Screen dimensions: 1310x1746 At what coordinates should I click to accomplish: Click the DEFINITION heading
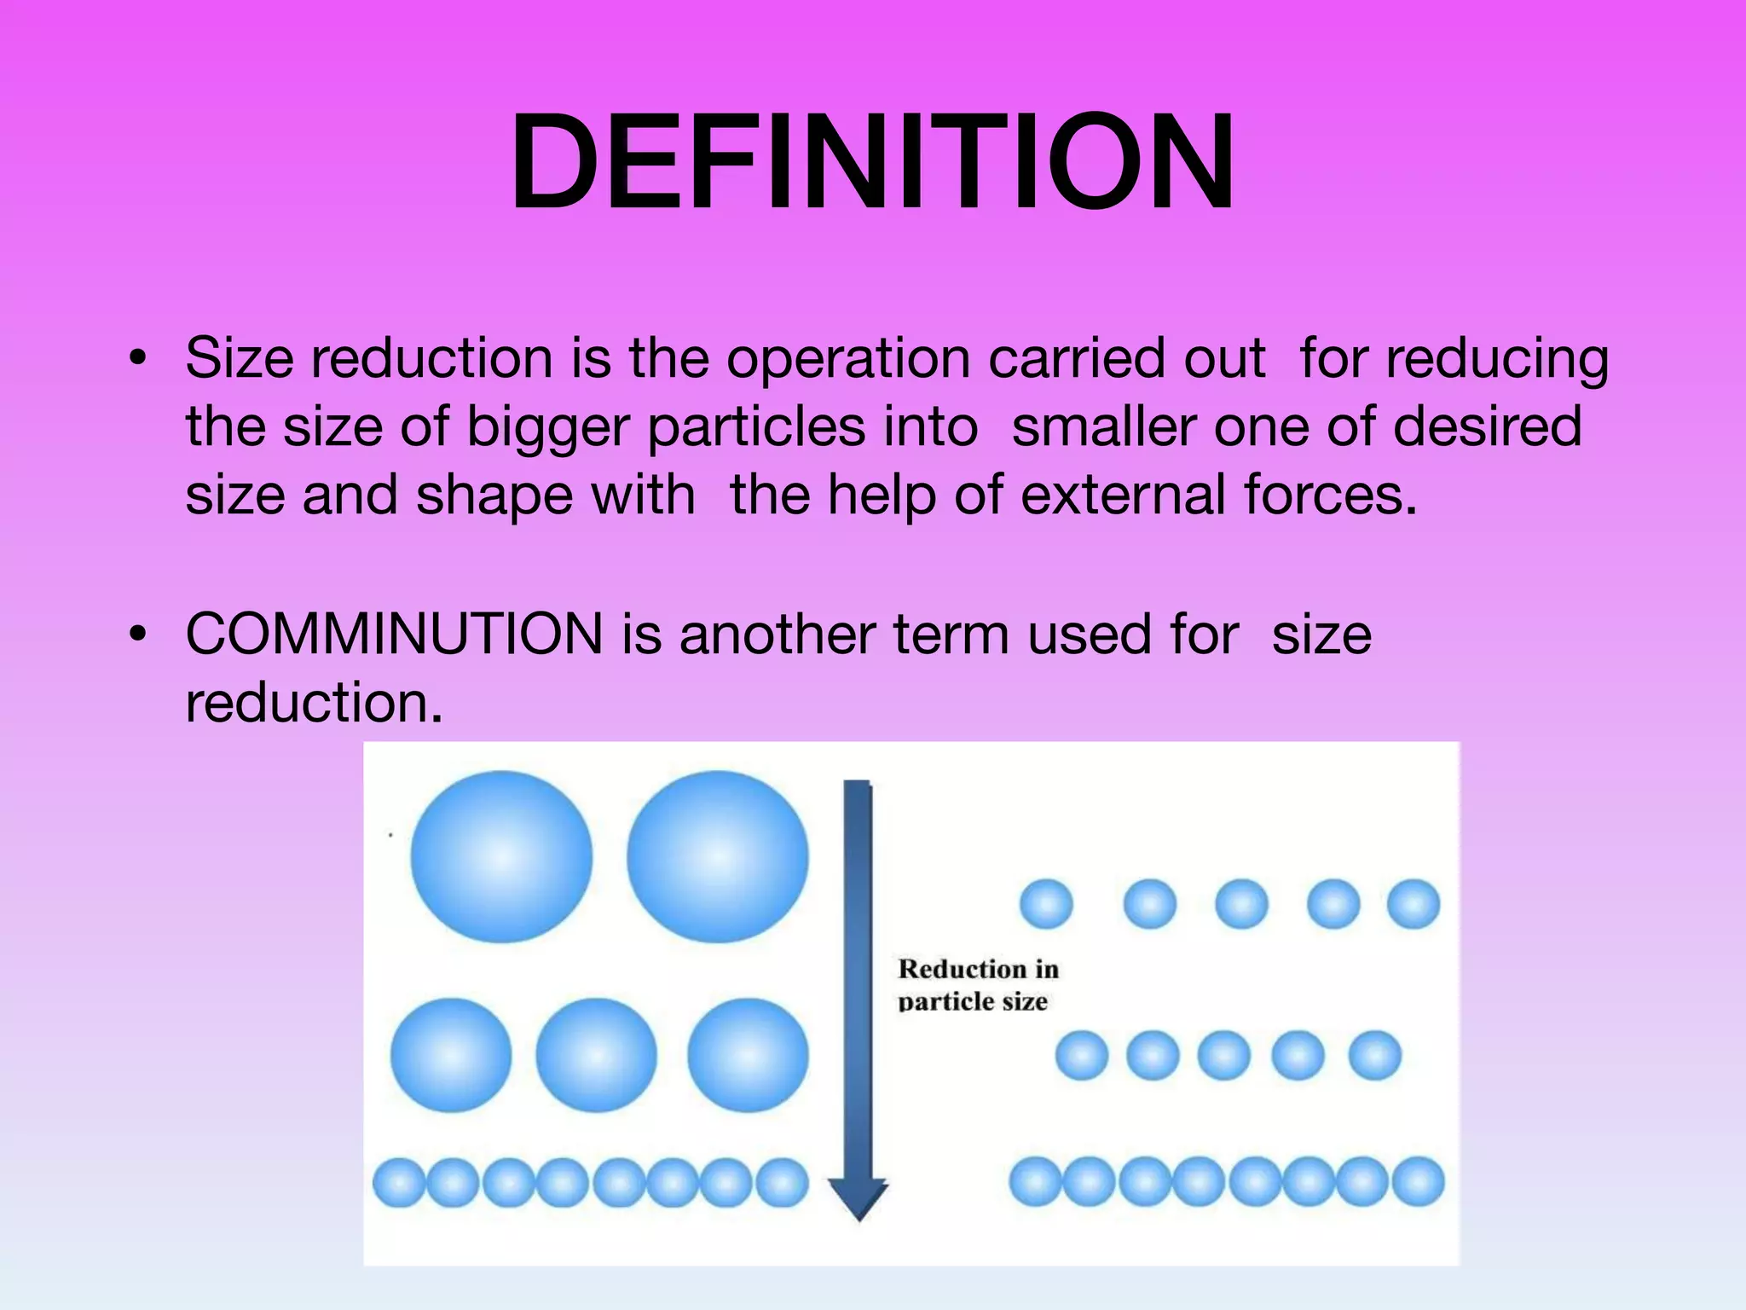point(872,162)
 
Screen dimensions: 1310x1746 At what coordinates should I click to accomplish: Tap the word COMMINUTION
point(395,635)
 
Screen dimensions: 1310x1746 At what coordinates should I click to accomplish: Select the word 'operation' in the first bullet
point(847,358)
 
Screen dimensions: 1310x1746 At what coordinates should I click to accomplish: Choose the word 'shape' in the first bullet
point(495,496)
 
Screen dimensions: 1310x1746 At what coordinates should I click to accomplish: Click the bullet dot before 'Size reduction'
point(138,358)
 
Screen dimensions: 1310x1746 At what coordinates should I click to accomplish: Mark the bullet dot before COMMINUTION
point(138,635)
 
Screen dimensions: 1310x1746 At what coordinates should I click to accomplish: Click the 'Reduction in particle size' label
point(977,984)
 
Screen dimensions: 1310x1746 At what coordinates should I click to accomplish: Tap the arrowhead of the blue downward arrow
point(859,1197)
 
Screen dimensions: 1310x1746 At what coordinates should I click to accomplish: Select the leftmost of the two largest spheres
point(501,856)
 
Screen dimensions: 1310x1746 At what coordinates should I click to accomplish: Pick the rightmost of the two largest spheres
point(717,856)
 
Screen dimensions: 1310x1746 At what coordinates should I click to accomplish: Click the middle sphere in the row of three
point(596,1055)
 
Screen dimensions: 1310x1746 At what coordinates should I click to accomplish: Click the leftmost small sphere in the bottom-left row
point(399,1182)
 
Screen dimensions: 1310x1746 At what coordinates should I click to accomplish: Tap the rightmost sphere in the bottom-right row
point(1419,1181)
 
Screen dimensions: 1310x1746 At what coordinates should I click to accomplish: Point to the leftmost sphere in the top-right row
point(1046,903)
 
